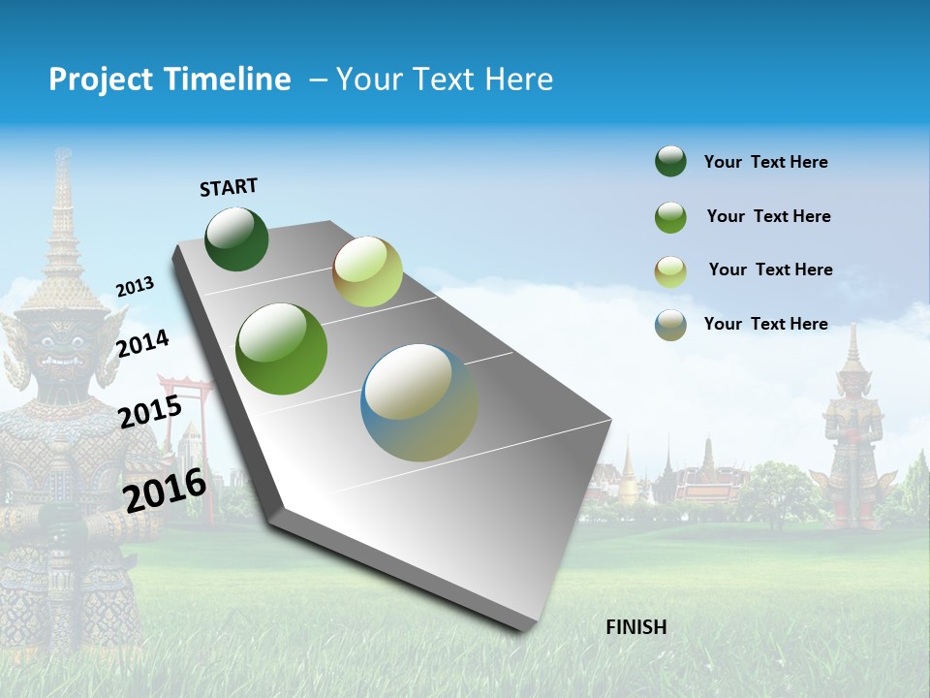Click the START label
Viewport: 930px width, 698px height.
(229, 187)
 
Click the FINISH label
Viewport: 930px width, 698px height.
(635, 627)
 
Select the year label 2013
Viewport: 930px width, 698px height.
(135, 287)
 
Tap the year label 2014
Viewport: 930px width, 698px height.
(142, 343)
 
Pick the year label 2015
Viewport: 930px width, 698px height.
(150, 412)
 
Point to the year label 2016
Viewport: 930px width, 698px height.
(165, 491)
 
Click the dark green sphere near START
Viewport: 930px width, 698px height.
(236, 238)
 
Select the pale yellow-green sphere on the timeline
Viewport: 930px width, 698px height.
(367, 271)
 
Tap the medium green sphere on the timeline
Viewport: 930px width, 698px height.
(282, 349)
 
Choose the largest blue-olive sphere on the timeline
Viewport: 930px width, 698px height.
(418, 402)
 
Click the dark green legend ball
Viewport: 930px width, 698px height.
(670, 161)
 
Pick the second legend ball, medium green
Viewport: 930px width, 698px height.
(670, 216)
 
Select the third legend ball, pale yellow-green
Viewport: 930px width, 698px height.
(670, 270)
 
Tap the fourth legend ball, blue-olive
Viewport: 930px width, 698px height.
(670, 325)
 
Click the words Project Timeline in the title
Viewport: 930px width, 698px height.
(170, 79)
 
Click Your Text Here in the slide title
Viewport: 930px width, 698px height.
(445, 79)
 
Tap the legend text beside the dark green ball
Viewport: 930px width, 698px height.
(765, 162)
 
